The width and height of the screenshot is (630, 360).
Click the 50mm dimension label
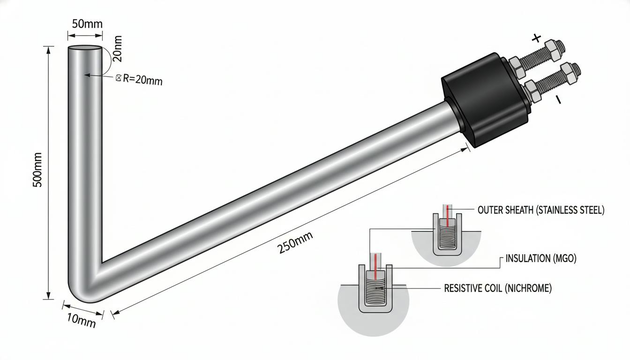pos(87,24)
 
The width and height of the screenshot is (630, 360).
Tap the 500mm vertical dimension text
pos(37,170)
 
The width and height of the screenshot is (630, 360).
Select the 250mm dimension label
pos(295,242)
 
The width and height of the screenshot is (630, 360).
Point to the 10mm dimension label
pos(81,320)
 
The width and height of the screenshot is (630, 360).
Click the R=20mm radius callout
pos(139,79)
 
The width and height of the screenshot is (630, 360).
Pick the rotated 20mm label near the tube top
pos(117,49)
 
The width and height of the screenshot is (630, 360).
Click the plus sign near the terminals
pos(536,38)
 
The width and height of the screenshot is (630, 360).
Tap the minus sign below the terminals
pos(558,99)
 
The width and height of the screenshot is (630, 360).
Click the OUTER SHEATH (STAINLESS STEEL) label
pos(541,210)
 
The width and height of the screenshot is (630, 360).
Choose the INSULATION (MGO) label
pos(541,258)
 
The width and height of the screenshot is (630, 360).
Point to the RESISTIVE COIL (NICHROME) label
pos(498,288)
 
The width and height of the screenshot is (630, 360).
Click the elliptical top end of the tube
pos(85,49)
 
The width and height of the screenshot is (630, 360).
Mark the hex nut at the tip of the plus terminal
pos(555,51)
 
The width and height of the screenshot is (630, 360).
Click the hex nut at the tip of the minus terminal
pos(570,74)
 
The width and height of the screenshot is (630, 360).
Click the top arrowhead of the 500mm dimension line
pos(49,50)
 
